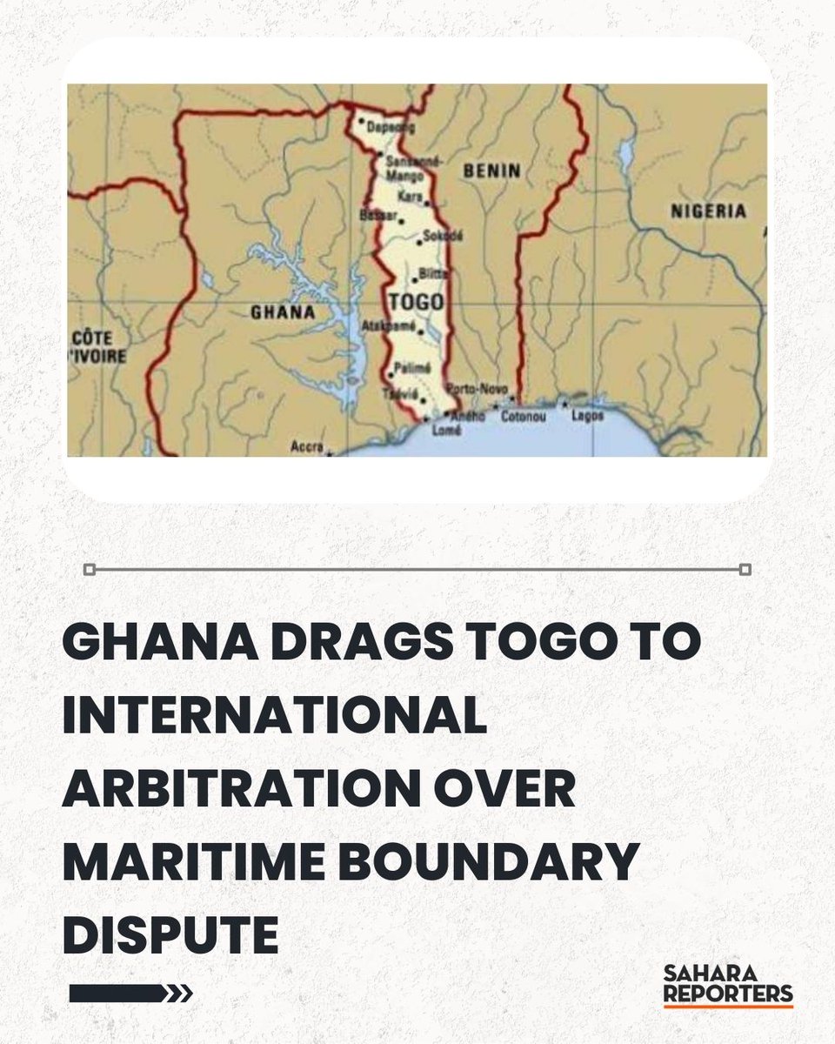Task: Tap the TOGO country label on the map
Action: click(x=418, y=302)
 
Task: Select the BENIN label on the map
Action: click(x=491, y=171)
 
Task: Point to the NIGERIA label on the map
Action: click(x=708, y=211)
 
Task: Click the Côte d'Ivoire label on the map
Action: click(x=97, y=347)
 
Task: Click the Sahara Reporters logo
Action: click(x=727, y=984)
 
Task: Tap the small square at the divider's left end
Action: click(x=89, y=570)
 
